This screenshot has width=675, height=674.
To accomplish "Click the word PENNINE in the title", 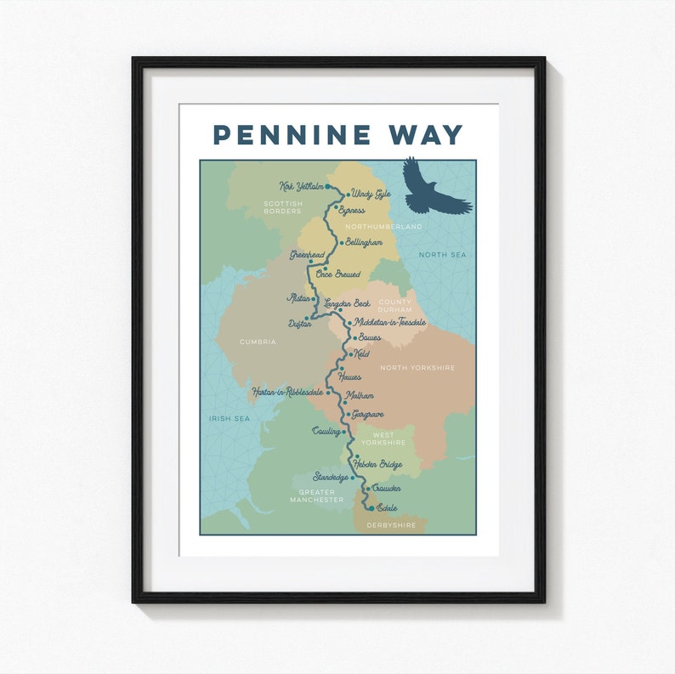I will click(x=292, y=134).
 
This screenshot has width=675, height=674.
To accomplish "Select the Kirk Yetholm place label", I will click(x=301, y=186).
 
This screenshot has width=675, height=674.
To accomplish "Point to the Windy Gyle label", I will click(x=371, y=194).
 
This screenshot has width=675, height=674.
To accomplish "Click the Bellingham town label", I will click(x=364, y=242).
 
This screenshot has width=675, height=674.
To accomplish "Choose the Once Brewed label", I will click(x=337, y=274).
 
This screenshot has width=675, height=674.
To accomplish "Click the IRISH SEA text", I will click(x=230, y=418).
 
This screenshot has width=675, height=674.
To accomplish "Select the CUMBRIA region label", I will click(x=258, y=341).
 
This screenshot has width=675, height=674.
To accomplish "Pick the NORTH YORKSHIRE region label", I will click(x=417, y=367).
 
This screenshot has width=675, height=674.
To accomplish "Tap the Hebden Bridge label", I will click(x=377, y=464).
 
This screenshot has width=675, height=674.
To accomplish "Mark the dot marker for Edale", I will click(x=372, y=507).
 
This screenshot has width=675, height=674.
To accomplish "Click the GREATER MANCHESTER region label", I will click(x=316, y=496).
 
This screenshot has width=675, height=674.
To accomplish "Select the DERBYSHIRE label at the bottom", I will click(x=391, y=525).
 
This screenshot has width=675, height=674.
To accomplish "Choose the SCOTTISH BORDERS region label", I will click(x=282, y=207).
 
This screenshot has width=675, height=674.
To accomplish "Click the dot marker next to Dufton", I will click(x=306, y=319).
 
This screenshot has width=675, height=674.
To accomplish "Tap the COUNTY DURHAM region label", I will click(x=394, y=306).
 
